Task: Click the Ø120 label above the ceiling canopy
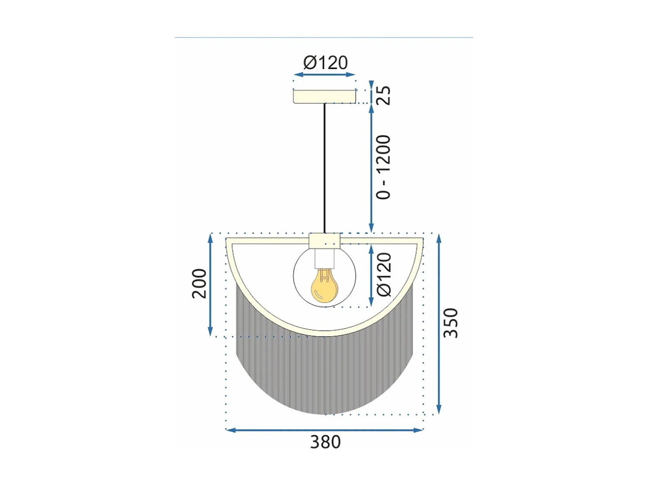[325, 63]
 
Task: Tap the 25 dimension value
[384, 95]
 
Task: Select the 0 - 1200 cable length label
[384, 167]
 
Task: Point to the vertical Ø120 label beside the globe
[384, 275]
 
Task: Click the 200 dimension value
[199, 283]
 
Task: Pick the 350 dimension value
[451, 323]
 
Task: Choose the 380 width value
[325, 442]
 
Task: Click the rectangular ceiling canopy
[324, 96]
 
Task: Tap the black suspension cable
[324, 168]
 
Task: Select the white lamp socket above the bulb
[325, 258]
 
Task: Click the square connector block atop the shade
[325, 240]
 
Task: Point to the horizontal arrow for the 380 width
[324, 430]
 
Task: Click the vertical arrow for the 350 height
[439, 324]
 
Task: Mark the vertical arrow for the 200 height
[210, 285]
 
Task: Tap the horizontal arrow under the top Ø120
[324, 75]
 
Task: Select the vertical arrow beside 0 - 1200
[371, 168]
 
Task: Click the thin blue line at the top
[324, 38]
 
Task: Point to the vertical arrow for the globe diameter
[371, 275]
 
